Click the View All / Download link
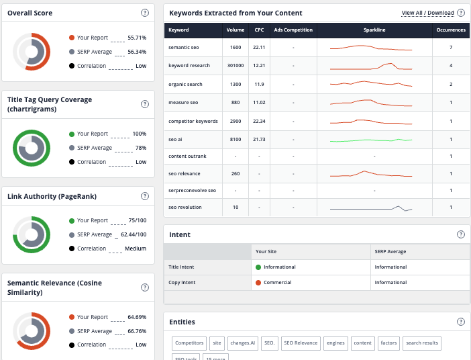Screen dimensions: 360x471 click(427, 13)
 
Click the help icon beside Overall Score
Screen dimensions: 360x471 click(145, 13)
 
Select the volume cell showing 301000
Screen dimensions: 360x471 click(235, 66)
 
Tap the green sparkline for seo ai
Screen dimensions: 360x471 click(371, 140)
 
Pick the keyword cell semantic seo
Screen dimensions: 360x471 click(184, 48)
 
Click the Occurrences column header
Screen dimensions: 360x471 click(450, 30)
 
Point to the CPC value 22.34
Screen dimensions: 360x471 click(259, 122)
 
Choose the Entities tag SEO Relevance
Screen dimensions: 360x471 click(300, 343)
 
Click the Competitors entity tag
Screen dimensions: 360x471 click(189, 343)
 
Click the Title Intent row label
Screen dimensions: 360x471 click(181, 267)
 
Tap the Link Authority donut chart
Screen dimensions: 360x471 click(32, 234)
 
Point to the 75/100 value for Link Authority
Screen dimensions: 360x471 click(137, 220)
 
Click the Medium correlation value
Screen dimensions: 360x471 click(135, 249)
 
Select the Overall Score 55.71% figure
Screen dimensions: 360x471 click(136, 38)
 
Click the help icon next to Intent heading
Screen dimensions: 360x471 click(460, 234)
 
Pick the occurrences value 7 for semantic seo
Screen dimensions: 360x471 click(450, 48)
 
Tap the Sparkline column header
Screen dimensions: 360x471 click(374, 30)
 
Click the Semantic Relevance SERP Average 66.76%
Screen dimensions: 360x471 click(136, 331)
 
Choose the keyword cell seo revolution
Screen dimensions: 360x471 click(185, 208)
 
